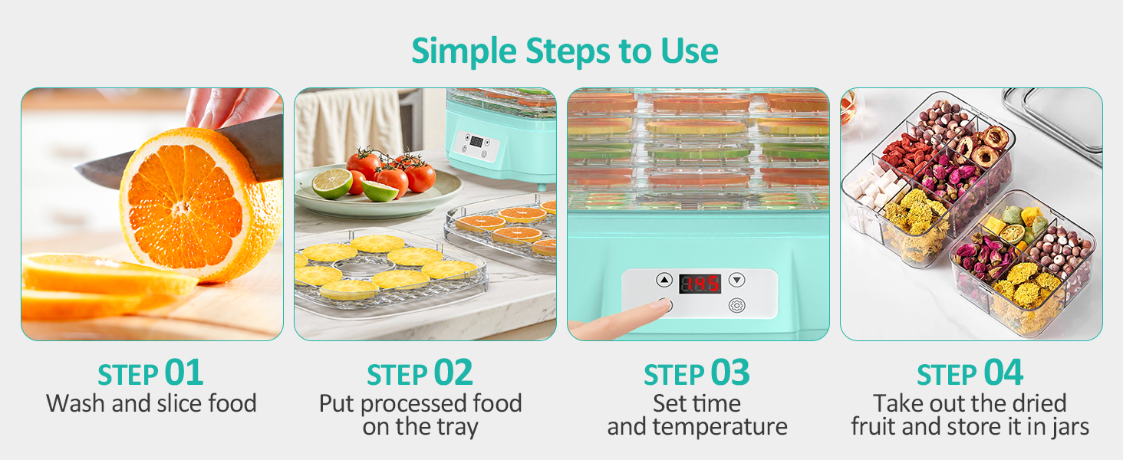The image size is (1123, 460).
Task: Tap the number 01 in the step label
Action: pos(184,373)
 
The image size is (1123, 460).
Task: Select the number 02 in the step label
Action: pos(453,373)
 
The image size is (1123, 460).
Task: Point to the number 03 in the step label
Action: pos(729,373)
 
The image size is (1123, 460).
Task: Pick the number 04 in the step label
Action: pos(1003,373)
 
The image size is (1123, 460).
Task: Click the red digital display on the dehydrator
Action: pos(700,284)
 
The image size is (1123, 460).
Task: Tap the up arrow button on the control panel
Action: pos(664,281)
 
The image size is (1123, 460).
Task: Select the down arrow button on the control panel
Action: pos(737,281)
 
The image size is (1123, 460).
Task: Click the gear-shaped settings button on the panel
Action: pos(736,304)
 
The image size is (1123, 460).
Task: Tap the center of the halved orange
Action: pos(181,207)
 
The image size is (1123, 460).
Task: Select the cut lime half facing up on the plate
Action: pos(332,184)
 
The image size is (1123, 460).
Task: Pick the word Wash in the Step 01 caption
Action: pos(76,403)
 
